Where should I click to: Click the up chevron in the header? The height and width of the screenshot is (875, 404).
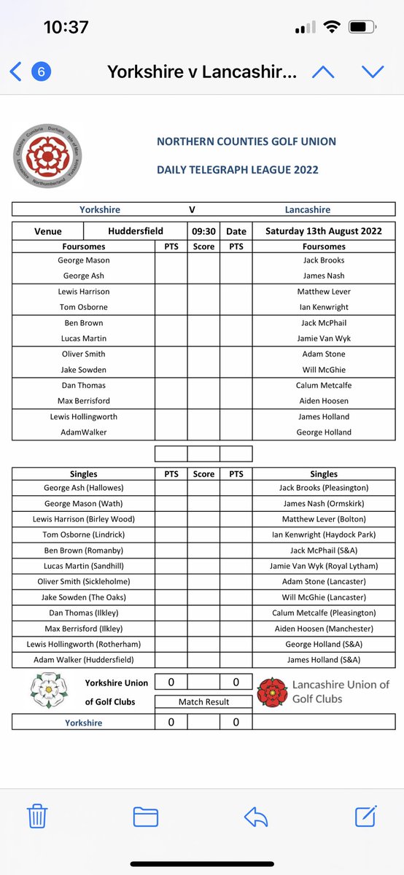coord(323,71)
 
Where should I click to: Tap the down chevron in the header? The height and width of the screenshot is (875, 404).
coord(373,71)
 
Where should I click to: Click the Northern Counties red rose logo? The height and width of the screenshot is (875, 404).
coord(48,157)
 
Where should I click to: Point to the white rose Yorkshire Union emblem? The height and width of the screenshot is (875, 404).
coord(48,690)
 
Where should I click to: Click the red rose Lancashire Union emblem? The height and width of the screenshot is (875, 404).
coord(272,691)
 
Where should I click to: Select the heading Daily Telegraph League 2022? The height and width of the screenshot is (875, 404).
coord(237,170)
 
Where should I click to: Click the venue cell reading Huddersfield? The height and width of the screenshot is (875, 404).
coord(136,231)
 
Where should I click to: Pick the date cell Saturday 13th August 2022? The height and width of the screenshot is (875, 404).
coord(323,231)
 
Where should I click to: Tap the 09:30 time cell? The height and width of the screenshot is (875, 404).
coord(203,231)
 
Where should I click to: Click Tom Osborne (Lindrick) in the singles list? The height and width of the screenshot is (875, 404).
coord(83,534)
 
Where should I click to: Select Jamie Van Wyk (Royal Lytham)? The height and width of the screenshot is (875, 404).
coord(323,566)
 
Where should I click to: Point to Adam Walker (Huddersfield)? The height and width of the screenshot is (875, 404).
coord(83,660)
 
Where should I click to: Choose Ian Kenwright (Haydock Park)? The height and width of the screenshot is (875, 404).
coord(323,534)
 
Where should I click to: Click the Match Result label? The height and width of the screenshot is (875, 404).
coord(203,701)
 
